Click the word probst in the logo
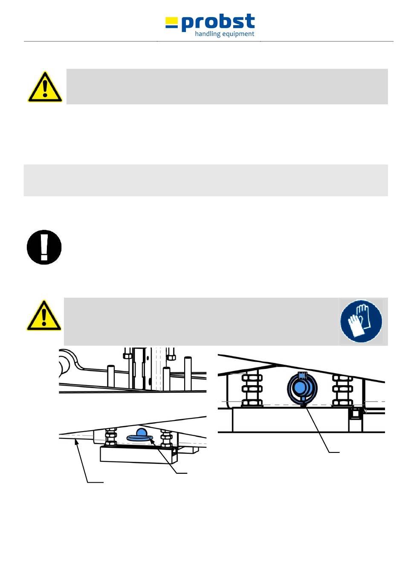click(218, 23)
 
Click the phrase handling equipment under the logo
click(224, 34)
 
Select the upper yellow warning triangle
click(45, 87)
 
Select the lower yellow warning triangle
click(44, 316)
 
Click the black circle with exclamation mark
click(44, 247)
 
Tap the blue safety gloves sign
click(361, 321)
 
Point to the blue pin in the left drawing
click(141, 435)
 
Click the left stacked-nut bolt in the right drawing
click(252, 389)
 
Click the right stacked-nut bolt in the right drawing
click(342, 389)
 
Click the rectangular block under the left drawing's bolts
click(136, 454)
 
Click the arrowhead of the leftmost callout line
click(77, 443)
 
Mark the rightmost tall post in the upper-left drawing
click(187, 373)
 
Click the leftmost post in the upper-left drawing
click(110, 375)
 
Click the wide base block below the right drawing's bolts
click(290, 420)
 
